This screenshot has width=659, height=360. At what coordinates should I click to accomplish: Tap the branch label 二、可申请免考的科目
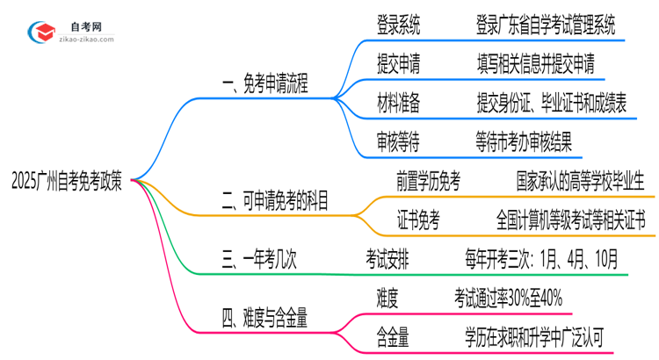coord(275,203)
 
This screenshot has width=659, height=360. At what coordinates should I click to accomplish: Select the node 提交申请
coord(397,65)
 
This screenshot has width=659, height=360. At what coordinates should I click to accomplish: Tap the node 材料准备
coord(397,104)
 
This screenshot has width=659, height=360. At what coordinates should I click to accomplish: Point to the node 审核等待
coord(397,142)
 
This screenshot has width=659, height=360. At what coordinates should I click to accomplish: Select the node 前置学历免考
coord(429,183)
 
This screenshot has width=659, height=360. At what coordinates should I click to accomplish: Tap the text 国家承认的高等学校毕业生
coord(581,183)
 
